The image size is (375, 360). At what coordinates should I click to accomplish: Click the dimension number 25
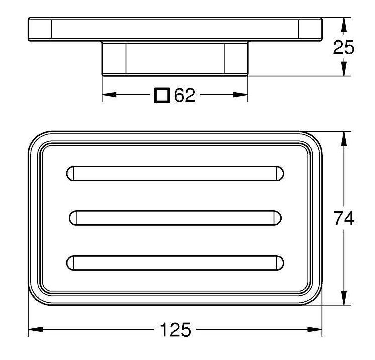343,47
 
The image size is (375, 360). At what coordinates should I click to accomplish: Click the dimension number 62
185,95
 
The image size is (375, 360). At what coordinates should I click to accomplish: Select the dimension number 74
344,218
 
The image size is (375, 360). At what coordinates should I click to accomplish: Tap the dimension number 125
176,329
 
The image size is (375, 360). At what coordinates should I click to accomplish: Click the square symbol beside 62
162,95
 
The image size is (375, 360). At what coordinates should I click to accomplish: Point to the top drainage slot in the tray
175,173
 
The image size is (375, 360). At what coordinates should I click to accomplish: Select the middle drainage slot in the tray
175,218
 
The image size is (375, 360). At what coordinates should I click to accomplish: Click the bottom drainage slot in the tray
175,263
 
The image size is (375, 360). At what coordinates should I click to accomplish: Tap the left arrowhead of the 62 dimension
109,95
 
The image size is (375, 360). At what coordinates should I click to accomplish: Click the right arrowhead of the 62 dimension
241,95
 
